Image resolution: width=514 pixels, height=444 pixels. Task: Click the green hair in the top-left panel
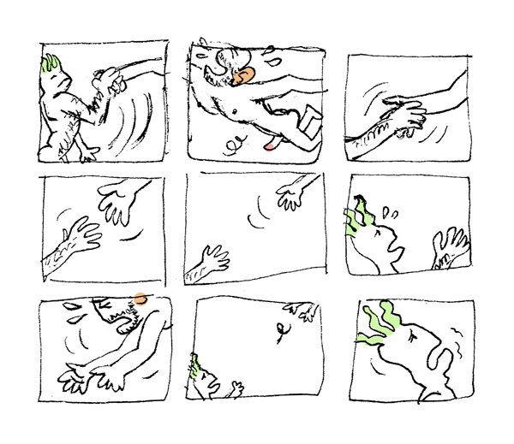(x=50, y=65)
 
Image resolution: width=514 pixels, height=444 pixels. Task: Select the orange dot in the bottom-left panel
(x=140, y=299)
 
